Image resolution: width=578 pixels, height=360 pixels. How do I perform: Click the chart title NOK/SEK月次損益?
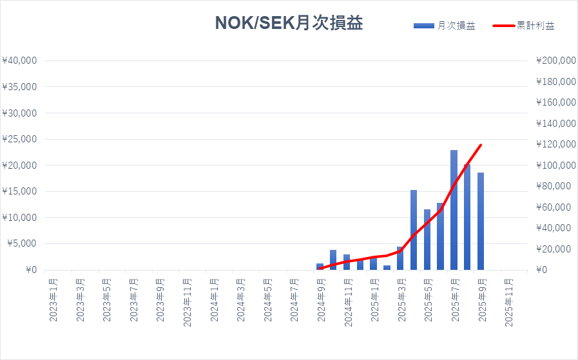(x=289, y=23)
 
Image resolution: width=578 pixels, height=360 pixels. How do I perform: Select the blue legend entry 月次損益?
(x=445, y=26)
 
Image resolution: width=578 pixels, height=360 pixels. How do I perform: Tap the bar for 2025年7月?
(x=454, y=210)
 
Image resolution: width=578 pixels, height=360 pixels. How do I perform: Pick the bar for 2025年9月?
(x=481, y=221)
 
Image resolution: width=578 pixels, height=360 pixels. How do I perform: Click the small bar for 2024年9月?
(x=320, y=267)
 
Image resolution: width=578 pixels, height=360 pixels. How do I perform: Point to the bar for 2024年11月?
(x=347, y=262)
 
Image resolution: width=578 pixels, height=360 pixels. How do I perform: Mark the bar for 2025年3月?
(x=400, y=258)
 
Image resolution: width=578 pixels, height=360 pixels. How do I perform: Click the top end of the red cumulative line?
(x=481, y=145)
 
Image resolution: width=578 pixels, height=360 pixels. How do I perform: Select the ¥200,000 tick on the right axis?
(x=555, y=61)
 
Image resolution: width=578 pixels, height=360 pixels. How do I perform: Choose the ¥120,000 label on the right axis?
(x=555, y=144)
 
